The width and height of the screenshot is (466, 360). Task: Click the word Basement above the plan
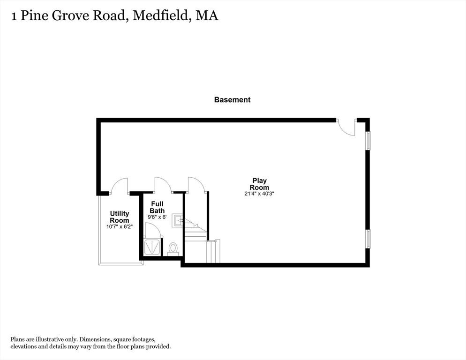coord(232,100)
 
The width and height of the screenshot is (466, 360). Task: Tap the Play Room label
coord(259,184)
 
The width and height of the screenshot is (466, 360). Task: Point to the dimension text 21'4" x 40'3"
coord(259,194)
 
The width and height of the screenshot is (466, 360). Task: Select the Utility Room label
coord(120,217)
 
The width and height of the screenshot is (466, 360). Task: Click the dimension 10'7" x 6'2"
coord(120,227)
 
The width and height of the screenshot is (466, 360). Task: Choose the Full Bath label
coord(157,207)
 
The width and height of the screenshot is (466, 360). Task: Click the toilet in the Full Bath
coord(173,248)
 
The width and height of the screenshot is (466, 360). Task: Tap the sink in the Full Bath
coord(178,220)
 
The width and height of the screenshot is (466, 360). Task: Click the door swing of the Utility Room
coord(120,186)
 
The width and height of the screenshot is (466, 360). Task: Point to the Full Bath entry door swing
coord(163,185)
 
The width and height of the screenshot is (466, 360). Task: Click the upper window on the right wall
coord(368,141)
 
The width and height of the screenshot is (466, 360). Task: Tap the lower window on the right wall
coord(368,239)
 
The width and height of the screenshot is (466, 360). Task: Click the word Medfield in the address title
coord(162,15)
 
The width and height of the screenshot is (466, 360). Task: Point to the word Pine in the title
coord(39,16)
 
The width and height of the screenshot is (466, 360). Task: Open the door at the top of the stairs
coord(196,185)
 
